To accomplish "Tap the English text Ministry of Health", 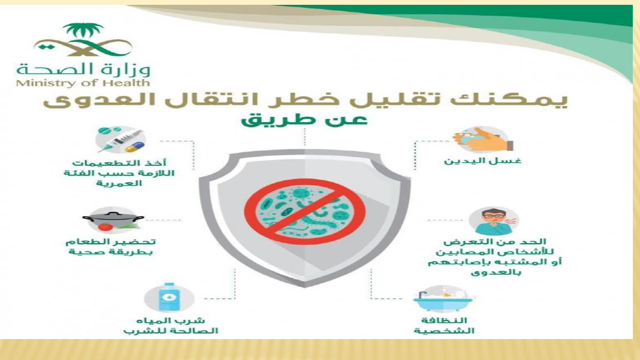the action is (x=83, y=83).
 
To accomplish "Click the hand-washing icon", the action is (x=482, y=140).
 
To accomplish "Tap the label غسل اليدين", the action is (x=482, y=161).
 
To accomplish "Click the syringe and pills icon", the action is (x=120, y=140).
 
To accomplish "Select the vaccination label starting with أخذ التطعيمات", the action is (x=119, y=173).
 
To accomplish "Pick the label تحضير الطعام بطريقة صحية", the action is (x=111, y=247).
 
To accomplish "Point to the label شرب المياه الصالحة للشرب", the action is (x=171, y=325).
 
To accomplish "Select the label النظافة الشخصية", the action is (x=444, y=325).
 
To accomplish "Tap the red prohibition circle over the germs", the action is (x=304, y=212).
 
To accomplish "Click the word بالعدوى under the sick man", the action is (x=496, y=272).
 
